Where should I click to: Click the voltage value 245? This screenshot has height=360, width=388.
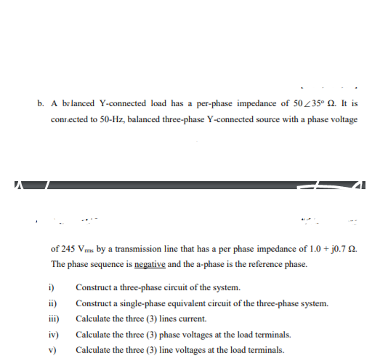point(68,247)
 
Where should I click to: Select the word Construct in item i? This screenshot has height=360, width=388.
point(92,287)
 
